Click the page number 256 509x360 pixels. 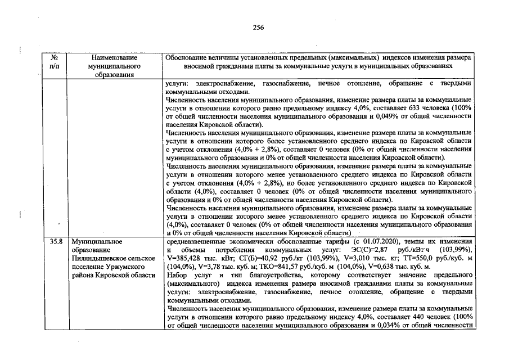pos(258,28)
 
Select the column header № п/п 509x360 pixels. pos(55,62)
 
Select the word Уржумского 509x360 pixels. pos(135,266)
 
